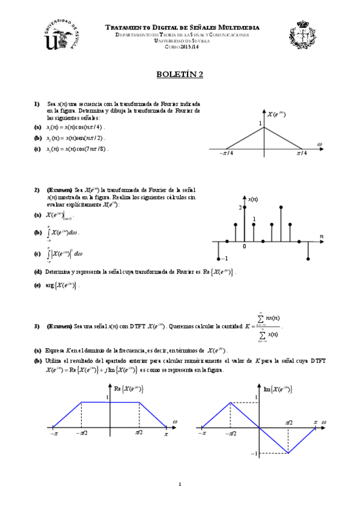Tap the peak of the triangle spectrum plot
tap(263, 128)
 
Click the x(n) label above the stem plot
tap(253, 198)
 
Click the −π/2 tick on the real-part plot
tap(82, 432)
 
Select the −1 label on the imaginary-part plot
tap(254, 453)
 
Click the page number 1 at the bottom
tap(180, 484)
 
